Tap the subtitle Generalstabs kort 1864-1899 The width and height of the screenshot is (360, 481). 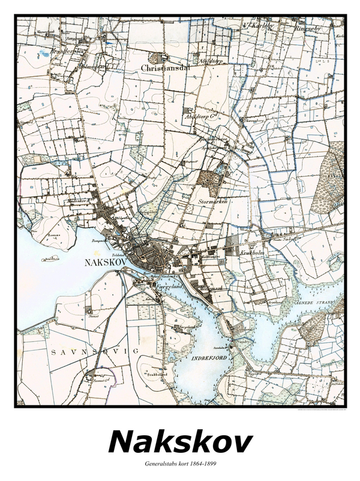180,464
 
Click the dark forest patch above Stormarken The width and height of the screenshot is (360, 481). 209,179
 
